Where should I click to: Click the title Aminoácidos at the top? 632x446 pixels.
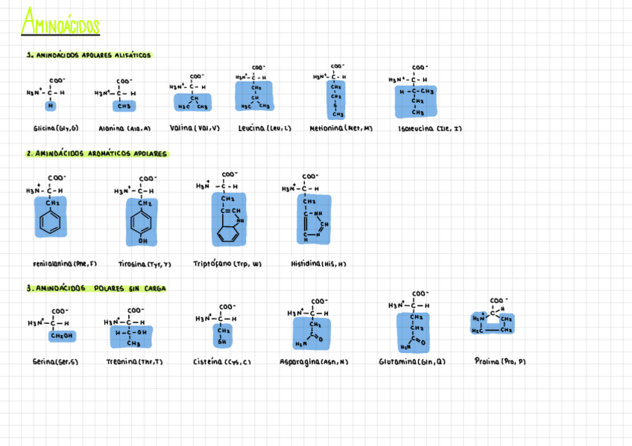[60, 23]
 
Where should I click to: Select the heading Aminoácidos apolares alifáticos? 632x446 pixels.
[89, 55]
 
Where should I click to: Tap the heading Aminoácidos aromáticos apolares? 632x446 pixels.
[97, 154]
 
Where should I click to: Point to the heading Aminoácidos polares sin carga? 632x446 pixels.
[96, 288]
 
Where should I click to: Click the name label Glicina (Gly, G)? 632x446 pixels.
[56, 128]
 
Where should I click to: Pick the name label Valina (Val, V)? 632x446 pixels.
[195, 128]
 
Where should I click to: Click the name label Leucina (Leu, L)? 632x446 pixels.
[265, 128]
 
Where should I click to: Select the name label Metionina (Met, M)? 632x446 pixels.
[341, 128]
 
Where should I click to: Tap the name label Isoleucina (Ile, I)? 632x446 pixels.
[430, 128]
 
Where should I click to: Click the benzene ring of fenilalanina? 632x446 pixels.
[50, 223]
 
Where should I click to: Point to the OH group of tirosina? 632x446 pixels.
[142, 241]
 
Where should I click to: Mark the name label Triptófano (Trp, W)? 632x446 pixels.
[227, 264]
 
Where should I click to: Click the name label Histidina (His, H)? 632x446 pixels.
[318, 264]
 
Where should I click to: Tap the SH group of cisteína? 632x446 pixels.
[221, 342]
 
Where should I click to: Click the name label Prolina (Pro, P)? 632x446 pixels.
[500, 361]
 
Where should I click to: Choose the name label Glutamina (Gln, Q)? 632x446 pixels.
[411, 362]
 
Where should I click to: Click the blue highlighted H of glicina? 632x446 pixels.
[51, 105]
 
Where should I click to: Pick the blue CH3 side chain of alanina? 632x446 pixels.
[124, 106]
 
